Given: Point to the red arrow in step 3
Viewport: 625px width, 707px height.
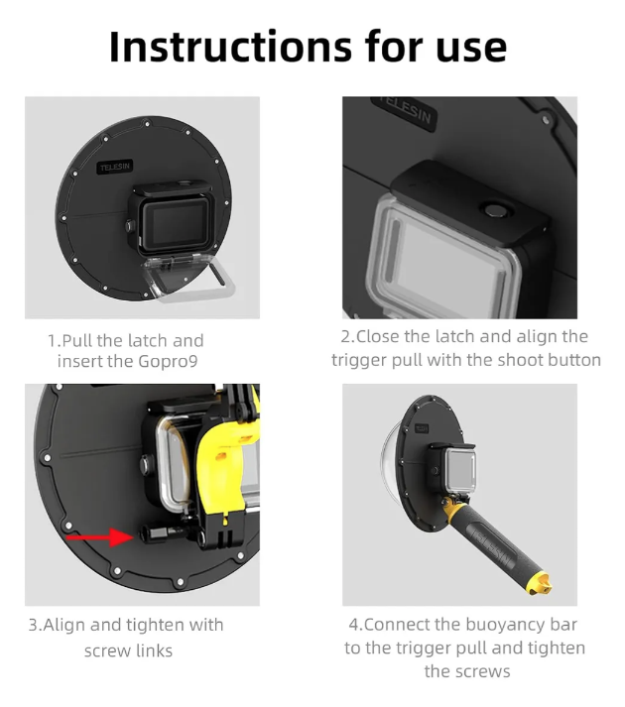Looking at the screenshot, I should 103,536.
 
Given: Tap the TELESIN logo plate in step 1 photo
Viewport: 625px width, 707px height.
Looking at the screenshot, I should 115,169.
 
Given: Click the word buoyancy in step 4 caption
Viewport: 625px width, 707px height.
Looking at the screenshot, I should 506,625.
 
